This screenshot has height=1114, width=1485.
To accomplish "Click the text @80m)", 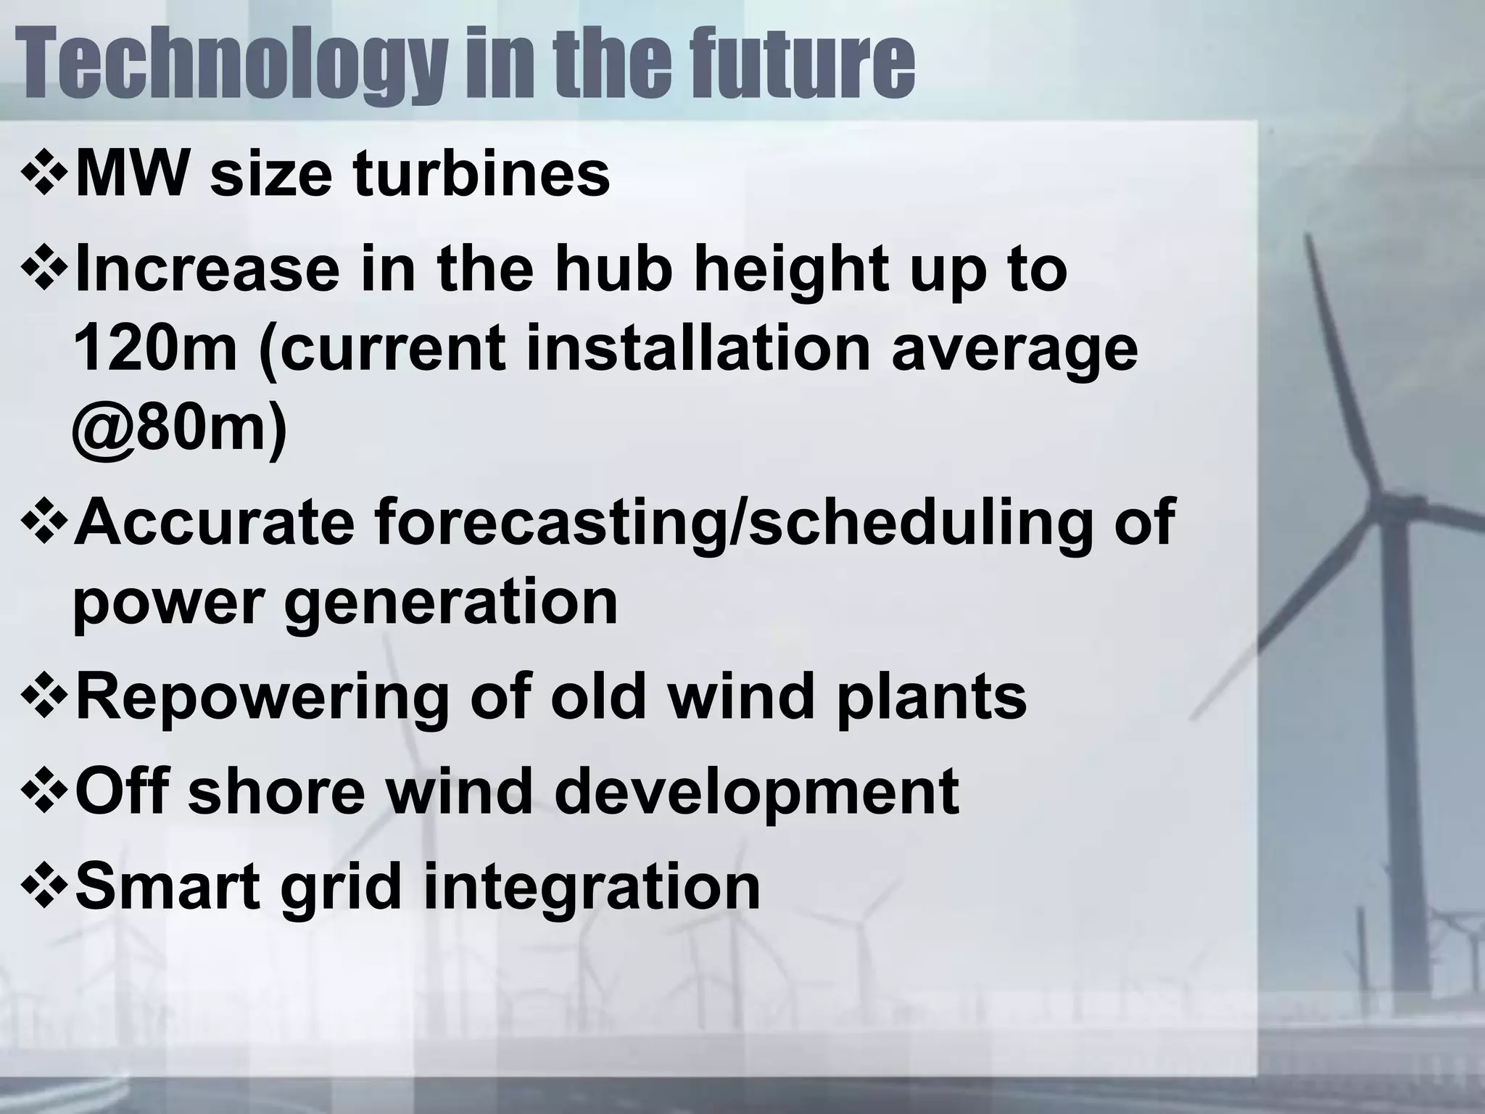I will click(x=180, y=429).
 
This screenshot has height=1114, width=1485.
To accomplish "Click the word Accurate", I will click(x=215, y=521).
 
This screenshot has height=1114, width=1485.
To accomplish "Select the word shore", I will click(x=276, y=791).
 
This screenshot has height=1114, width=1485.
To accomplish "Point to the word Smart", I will click(x=167, y=886).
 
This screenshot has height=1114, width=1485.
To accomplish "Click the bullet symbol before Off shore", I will click(x=45, y=793).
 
